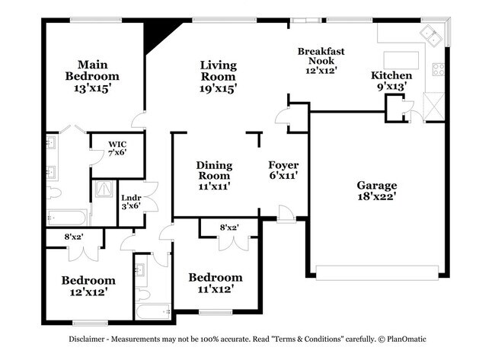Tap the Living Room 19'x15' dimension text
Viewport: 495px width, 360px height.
(x=219, y=89)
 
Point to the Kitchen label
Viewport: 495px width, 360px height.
(x=391, y=75)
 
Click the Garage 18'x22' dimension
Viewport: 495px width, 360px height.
(x=377, y=196)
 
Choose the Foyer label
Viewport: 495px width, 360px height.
(x=283, y=165)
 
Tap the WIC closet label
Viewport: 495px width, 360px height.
(x=117, y=143)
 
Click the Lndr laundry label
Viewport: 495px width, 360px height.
(x=131, y=199)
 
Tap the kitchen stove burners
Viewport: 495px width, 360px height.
(x=439, y=69)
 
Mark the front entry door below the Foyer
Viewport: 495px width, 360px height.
(x=286, y=215)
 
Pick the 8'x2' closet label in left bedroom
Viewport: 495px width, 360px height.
(x=73, y=237)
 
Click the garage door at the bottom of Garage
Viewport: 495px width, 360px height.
(x=379, y=272)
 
